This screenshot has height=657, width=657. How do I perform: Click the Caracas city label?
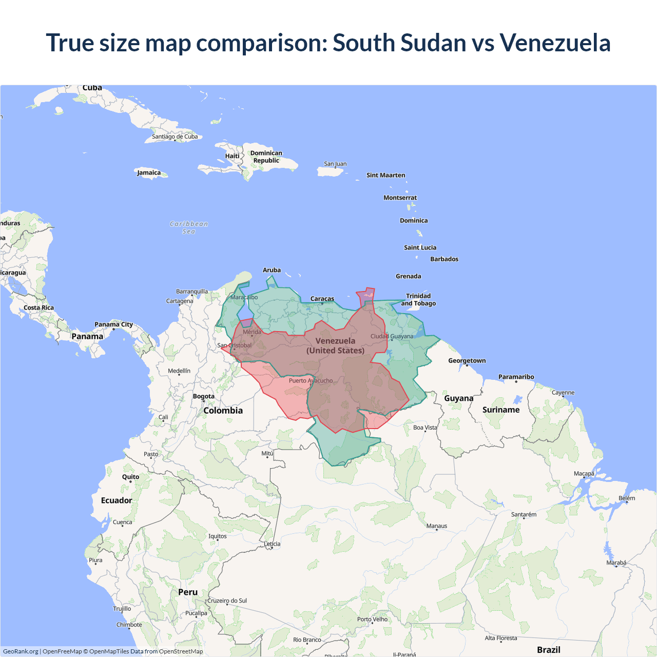click(322, 299)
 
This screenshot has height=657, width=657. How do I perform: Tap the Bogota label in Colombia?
click(204, 396)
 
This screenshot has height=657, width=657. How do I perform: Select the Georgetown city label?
click(467, 361)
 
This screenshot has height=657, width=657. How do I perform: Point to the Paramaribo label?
click(516, 377)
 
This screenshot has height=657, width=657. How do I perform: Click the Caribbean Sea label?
click(189, 227)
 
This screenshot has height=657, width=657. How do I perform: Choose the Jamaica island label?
click(149, 173)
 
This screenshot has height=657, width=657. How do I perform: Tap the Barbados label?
click(444, 259)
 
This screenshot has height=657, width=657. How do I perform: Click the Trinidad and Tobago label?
click(418, 300)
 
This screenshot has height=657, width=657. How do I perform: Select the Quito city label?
click(130, 477)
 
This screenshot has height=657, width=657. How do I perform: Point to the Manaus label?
click(437, 526)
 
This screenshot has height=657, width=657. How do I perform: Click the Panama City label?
click(113, 324)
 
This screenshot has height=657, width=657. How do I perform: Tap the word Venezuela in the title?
click(555, 43)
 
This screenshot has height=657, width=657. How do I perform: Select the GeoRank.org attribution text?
click(21, 651)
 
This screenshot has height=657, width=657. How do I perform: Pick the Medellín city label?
click(179, 371)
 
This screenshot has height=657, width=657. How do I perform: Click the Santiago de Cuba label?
click(175, 137)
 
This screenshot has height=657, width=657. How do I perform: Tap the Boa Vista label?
click(425, 428)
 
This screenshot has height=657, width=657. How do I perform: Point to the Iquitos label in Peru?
click(218, 536)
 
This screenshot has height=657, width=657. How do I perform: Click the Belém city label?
click(627, 498)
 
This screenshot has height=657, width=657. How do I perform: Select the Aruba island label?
click(272, 270)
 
